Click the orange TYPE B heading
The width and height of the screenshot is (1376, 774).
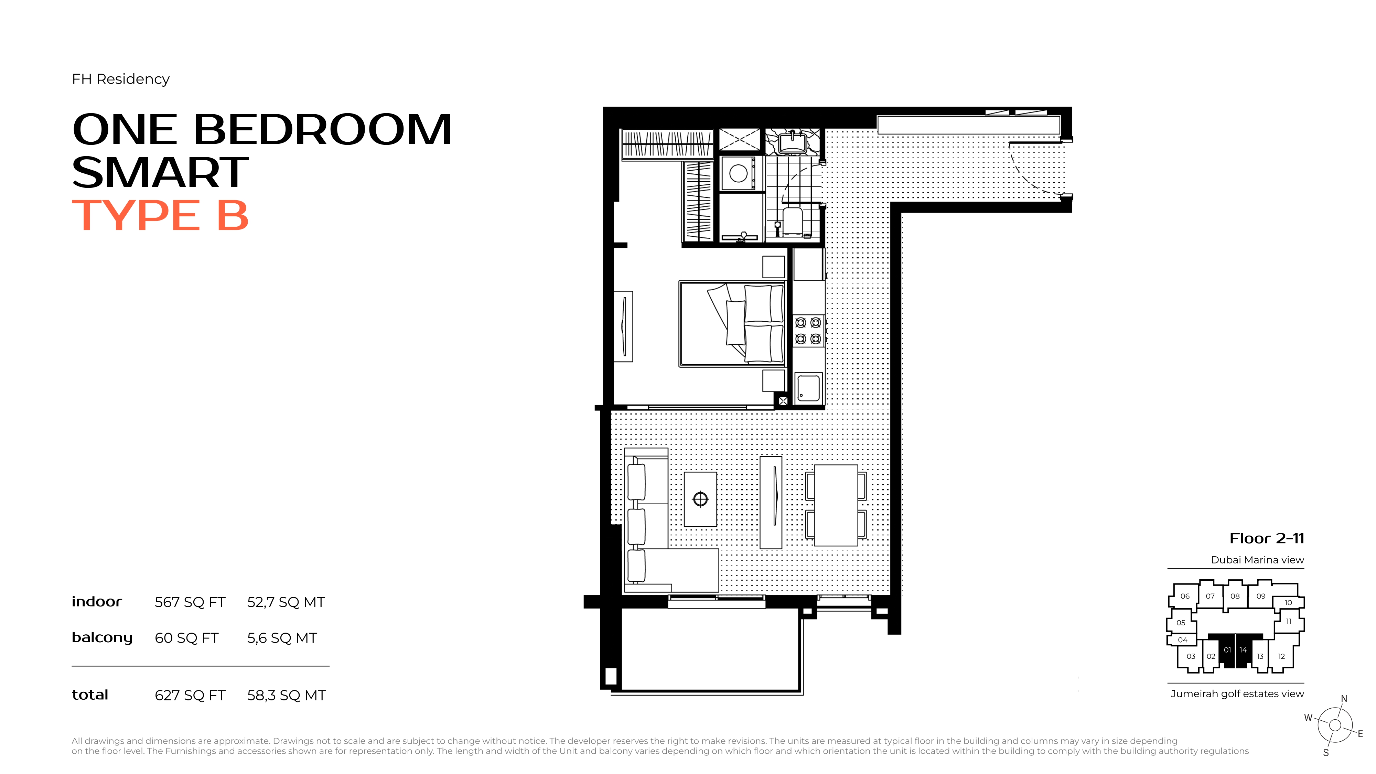(x=160, y=215)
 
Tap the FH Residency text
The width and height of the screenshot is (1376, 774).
(x=121, y=79)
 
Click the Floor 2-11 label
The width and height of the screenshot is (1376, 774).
(x=1267, y=538)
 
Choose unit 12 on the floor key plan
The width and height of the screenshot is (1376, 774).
(x=1281, y=656)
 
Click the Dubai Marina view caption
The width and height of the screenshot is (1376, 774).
(x=1257, y=560)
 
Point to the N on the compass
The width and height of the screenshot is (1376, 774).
(x=1344, y=699)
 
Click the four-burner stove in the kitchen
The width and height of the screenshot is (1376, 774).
(x=808, y=331)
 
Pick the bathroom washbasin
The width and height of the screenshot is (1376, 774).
(x=792, y=143)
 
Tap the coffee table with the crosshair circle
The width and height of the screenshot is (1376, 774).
(x=700, y=499)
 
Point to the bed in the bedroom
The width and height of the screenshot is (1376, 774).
(x=732, y=324)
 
